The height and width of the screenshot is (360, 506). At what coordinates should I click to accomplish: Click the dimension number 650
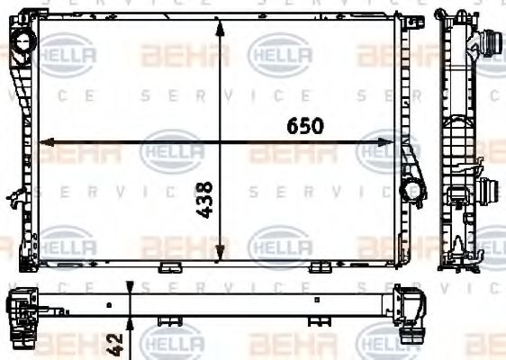click(x=304, y=126)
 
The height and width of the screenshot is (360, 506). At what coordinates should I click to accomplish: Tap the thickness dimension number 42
click(x=115, y=342)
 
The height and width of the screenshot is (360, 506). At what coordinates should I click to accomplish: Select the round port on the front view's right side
click(x=411, y=189)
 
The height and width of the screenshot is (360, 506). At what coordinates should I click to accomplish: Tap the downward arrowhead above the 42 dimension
click(x=131, y=288)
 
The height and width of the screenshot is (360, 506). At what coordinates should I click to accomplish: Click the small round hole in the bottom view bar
click(x=107, y=298)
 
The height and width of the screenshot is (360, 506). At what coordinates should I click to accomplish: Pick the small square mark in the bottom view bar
click(x=315, y=298)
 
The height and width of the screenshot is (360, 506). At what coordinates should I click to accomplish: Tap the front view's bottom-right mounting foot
click(x=320, y=266)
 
